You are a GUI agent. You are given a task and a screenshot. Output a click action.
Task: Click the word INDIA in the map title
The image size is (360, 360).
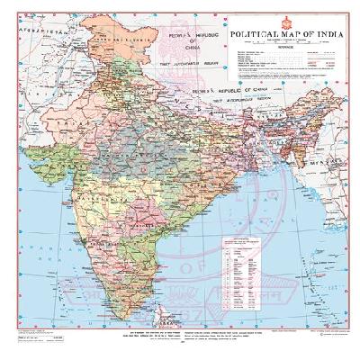[x=326, y=36]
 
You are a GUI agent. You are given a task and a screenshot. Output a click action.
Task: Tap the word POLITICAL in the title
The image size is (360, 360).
[x=256, y=36]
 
